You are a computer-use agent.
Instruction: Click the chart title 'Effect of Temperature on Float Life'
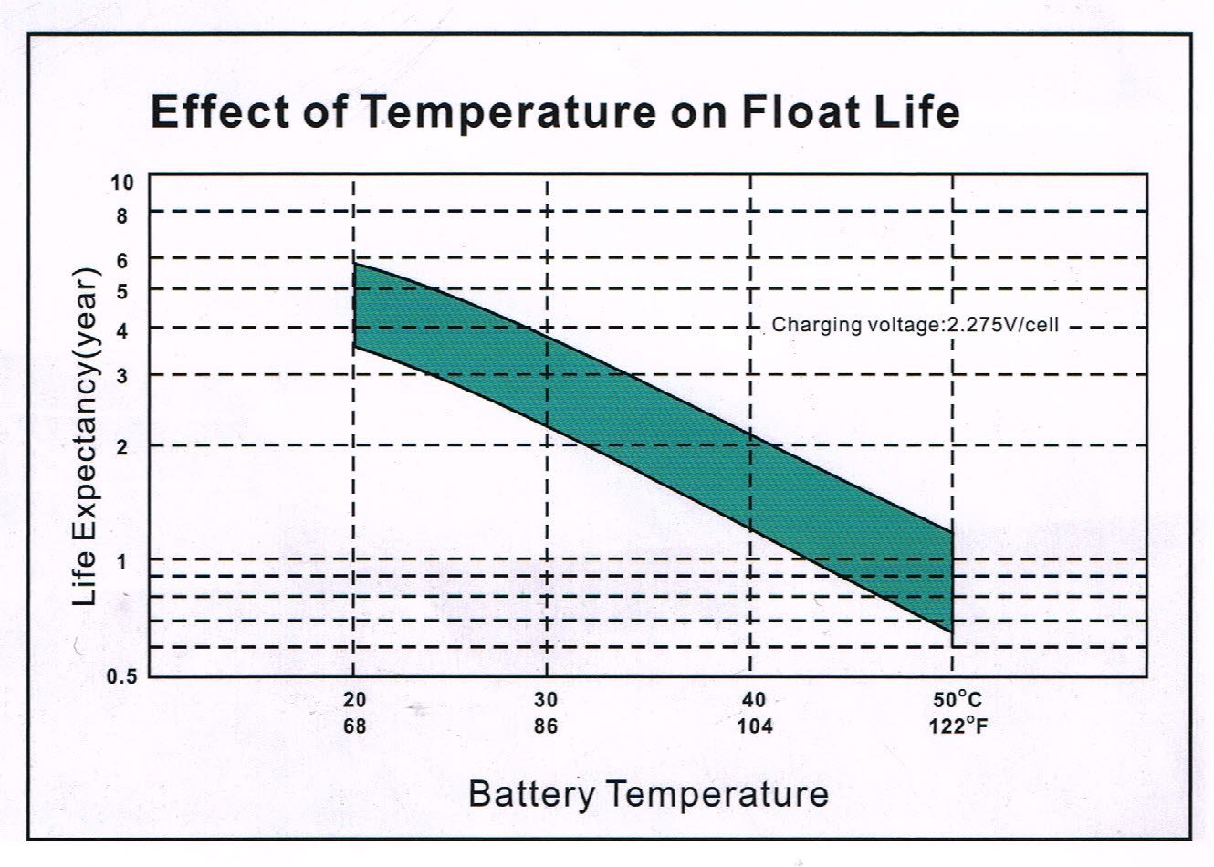click(x=554, y=111)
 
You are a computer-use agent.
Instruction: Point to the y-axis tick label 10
click(x=122, y=183)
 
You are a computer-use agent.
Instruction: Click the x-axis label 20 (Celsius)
click(x=354, y=701)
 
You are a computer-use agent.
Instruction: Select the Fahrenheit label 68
click(x=354, y=726)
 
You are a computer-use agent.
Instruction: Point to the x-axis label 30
click(x=546, y=701)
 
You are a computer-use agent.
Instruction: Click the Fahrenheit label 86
click(x=546, y=726)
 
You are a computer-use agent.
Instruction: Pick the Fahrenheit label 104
click(x=755, y=726)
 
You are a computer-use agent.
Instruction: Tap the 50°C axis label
click(x=957, y=701)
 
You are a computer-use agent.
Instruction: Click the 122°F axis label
click(x=958, y=726)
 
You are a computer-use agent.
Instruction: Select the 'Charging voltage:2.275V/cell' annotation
click(x=916, y=325)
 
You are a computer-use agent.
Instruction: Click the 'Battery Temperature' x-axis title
click(x=648, y=793)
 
